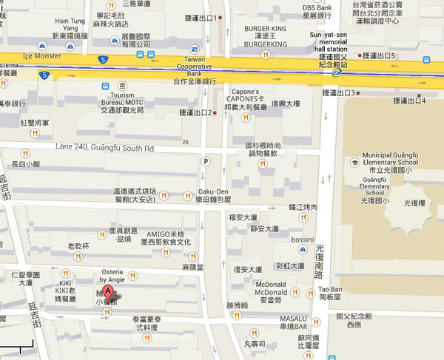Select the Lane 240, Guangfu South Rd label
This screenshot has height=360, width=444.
pos(104,148)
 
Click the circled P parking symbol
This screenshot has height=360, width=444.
pos(206,161)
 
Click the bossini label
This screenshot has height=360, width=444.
pos(303,240)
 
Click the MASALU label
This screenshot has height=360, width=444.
pos(292,319)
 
